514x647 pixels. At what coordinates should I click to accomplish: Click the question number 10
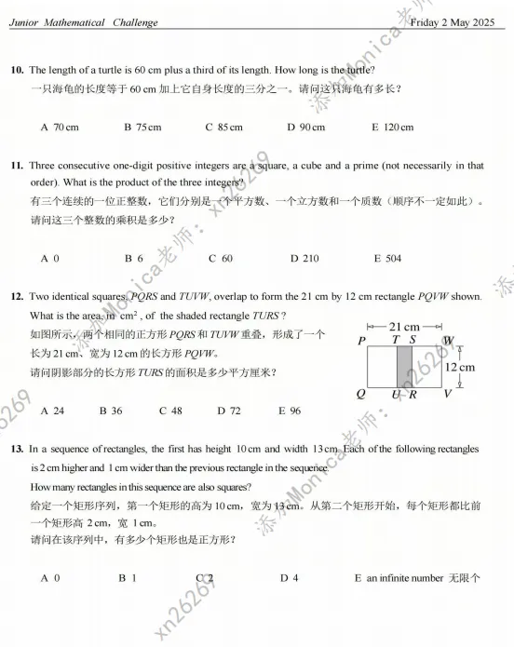click(x=17, y=70)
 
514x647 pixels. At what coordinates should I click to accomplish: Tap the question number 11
click(x=17, y=166)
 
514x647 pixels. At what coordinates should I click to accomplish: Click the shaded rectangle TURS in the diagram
click(x=404, y=368)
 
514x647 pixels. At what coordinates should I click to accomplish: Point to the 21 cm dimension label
click(x=403, y=328)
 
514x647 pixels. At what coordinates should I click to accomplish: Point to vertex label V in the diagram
click(x=448, y=395)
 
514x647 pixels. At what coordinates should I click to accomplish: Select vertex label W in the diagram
click(x=449, y=341)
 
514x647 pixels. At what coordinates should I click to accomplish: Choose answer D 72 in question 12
click(x=229, y=410)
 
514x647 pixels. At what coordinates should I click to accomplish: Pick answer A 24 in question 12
click(x=53, y=410)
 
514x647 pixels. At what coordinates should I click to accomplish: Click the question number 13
click(x=17, y=449)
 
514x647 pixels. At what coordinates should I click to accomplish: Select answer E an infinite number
click(x=416, y=578)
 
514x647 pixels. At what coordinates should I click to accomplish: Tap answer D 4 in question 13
click(x=290, y=578)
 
